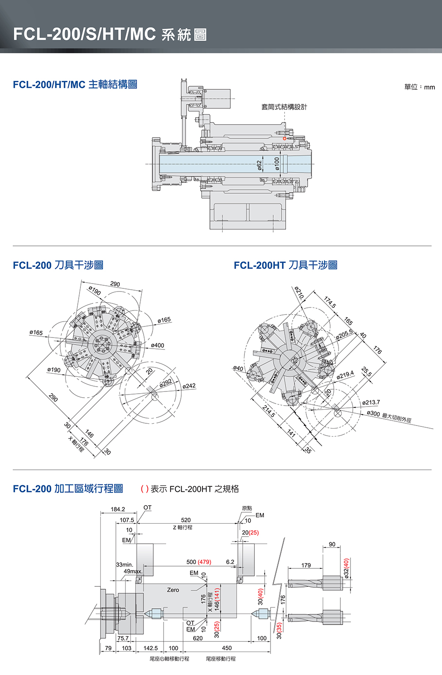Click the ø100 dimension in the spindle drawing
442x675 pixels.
277,164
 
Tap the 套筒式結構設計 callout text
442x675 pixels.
284,107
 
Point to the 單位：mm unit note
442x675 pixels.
419,87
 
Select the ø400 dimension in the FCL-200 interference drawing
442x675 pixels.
157,345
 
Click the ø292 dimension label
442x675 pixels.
166,383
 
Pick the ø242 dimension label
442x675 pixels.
189,386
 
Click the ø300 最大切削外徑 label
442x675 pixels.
389,415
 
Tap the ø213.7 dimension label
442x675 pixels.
371,403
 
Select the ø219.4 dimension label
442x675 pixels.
345,376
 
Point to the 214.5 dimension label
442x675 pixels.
269,411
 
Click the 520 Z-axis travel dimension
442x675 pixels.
186,520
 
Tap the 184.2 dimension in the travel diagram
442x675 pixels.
118,509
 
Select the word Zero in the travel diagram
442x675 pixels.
173,590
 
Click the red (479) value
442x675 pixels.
205,562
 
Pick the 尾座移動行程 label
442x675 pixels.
221,659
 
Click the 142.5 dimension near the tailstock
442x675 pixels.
151,648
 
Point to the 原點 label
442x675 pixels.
247,508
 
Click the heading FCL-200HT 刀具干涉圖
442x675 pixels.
286,265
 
